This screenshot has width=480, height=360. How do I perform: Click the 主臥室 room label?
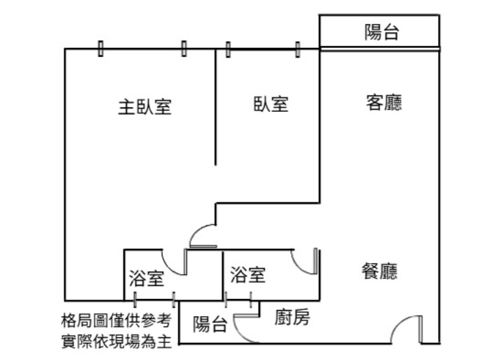[x=144, y=108]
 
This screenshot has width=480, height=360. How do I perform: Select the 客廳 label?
[x=384, y=103]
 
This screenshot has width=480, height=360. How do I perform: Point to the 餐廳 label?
[x=379, y=272]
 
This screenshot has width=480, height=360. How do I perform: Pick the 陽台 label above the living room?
[x=381, y=32]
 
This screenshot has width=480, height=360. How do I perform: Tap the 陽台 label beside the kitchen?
[x=210, y=324]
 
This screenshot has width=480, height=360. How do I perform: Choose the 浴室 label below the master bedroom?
[x=146, y=278]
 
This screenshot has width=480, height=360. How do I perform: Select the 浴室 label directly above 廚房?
[x=248, y=275]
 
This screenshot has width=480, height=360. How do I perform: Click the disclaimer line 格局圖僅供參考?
[x=119, y=320]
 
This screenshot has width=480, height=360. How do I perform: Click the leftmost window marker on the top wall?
[x=101, y=49]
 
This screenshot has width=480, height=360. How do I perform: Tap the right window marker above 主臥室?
[x=184, y=49]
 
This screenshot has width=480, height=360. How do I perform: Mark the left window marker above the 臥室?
[x=228, y=49]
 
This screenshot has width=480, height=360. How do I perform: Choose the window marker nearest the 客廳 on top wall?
[x=298, y=49]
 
